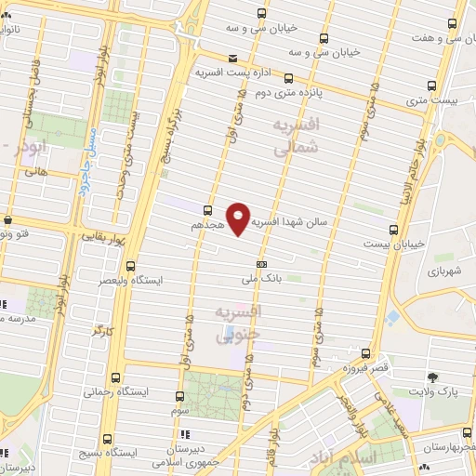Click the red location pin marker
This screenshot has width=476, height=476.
(240, 219)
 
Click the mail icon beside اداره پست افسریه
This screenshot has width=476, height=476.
(231, 57)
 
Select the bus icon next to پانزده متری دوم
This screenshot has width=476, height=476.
(289, 79)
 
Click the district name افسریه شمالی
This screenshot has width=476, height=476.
(298, 135)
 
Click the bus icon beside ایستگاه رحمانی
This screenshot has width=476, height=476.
(115, 377)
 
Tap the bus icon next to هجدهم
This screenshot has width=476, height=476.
(206, 210)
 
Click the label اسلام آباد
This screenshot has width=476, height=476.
(376, 457)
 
